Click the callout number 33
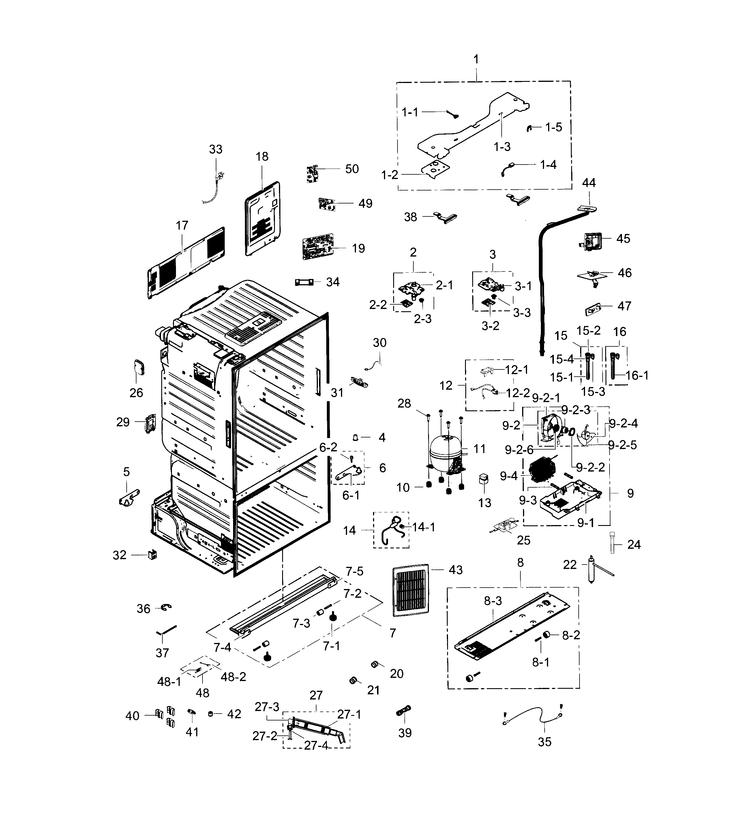pyautogui.click(x=215, y=149)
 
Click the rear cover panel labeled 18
pyautogui.click(x=263, y=219)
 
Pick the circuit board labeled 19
pyautogui.click(x=318, y=246)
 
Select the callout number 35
pyautogui.click(x=544, y=742)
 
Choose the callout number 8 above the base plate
pyautogui.click(x=520, y=563)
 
